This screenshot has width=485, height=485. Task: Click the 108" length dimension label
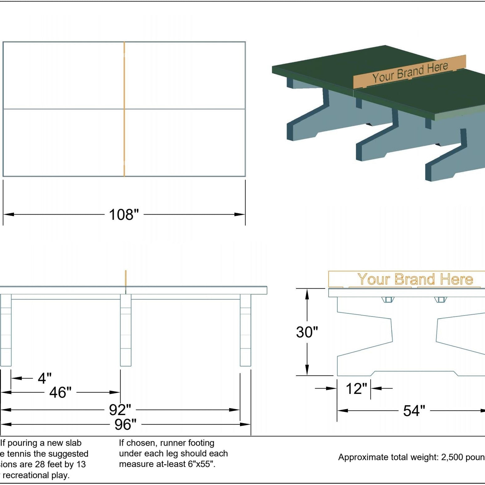[124, 215]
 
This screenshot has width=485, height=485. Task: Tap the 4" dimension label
[45, 378]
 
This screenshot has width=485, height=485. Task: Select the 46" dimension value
[61, 393]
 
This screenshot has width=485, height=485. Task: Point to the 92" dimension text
[120, 410]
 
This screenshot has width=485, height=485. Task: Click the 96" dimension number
[125, 424]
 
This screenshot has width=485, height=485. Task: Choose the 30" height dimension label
[307, 332]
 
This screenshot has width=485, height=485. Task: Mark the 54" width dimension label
[414, 411]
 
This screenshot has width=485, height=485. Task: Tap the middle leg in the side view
[126, 331]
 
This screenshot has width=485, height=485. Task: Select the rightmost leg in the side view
[245, 331]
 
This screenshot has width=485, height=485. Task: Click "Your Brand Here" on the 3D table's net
[410, 72]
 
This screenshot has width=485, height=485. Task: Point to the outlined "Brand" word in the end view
[414, 279]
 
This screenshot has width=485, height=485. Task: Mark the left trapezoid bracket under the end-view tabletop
[388, 300]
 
